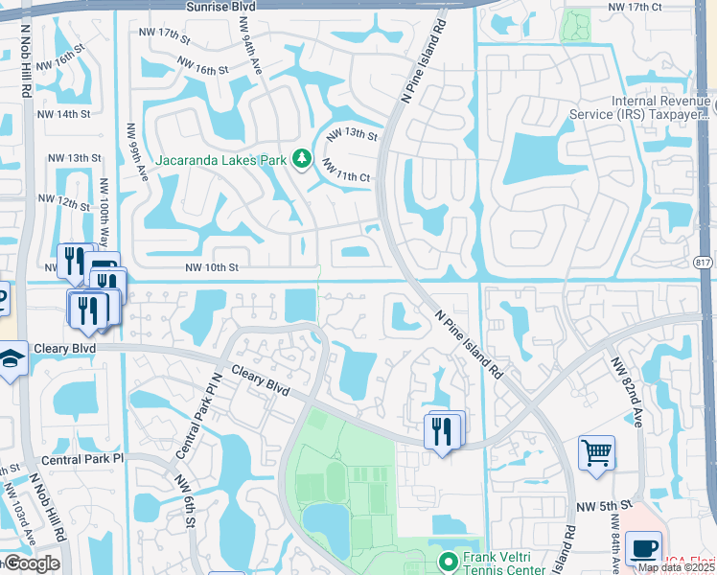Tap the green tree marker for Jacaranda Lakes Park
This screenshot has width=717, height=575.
(303, 158)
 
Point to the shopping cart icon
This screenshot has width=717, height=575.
(596, 452)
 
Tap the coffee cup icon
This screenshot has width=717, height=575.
(642, 548)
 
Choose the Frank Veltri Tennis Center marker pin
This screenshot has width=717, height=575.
(447, 561)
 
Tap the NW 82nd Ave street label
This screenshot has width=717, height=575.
(627, 392)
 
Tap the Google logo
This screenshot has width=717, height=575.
(31, 563)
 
